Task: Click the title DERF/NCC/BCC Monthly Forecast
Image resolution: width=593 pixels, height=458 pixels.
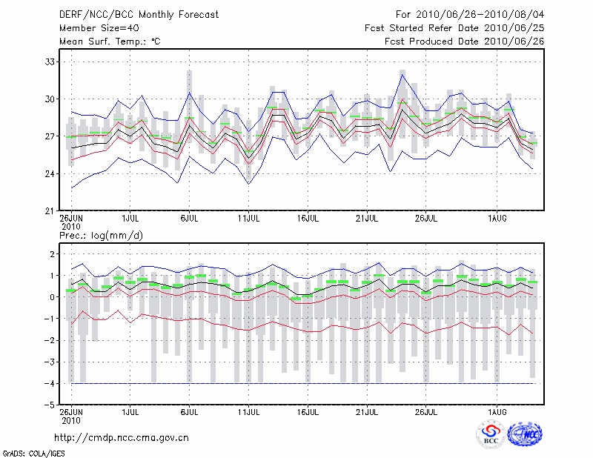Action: pyautogui.click(x=140, y=15)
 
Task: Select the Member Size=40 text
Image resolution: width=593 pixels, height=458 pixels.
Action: pyautogui.click(x=99, y=28)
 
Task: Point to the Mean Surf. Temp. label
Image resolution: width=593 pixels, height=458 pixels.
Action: pyautogui.click(x=110, y=42)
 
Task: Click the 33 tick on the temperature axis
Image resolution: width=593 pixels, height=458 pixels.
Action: pyautogui.click(x=51, y=62)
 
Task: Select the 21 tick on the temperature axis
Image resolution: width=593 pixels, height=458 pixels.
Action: pyautogui.click(x=51, y=210)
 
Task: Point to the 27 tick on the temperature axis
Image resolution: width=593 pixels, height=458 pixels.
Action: pyautogui.click(x=51, y=136)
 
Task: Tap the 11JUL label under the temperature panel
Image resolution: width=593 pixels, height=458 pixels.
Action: pyautogui.click(x=248, y=219)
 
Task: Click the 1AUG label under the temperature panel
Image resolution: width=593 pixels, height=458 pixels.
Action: pyautogui.click(x=497, y=219)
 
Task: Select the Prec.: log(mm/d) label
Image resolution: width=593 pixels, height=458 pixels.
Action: pyautogui.click(x=100, y=235)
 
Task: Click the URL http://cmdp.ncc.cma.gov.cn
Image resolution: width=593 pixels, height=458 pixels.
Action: pyautogui.click(x=122, y=437)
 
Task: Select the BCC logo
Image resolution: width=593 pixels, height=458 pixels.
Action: pyautogui.click(x=491, y=436)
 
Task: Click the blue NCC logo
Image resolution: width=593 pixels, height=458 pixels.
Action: pyautogui.click(x=524, y=436)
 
